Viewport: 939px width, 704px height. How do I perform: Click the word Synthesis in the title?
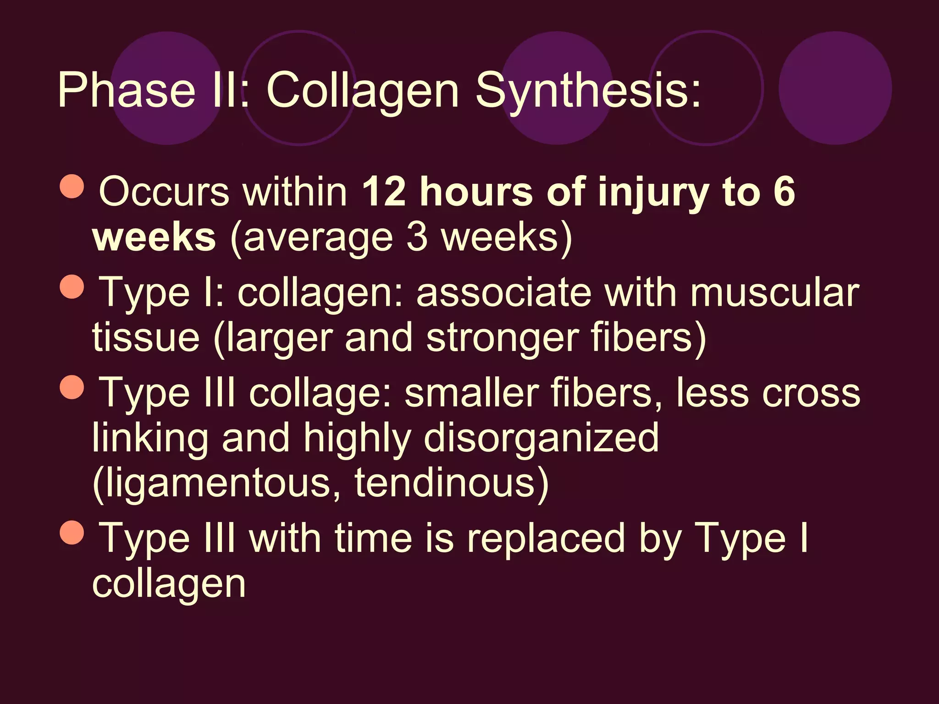(588, 90)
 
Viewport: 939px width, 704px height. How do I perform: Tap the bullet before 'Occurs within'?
(72, 186)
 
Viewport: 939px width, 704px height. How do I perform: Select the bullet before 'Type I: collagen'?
(72, 286)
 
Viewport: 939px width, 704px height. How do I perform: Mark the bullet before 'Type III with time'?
(72, 532)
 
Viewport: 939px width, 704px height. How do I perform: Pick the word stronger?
(502, 338)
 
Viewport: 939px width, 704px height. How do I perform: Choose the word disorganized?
(541, 438)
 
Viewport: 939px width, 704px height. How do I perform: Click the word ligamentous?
(211, 483)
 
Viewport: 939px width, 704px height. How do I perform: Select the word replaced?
(546, 538)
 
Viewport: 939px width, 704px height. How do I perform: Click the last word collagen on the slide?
(169, 584)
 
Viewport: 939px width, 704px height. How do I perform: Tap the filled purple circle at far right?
(835, 88)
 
